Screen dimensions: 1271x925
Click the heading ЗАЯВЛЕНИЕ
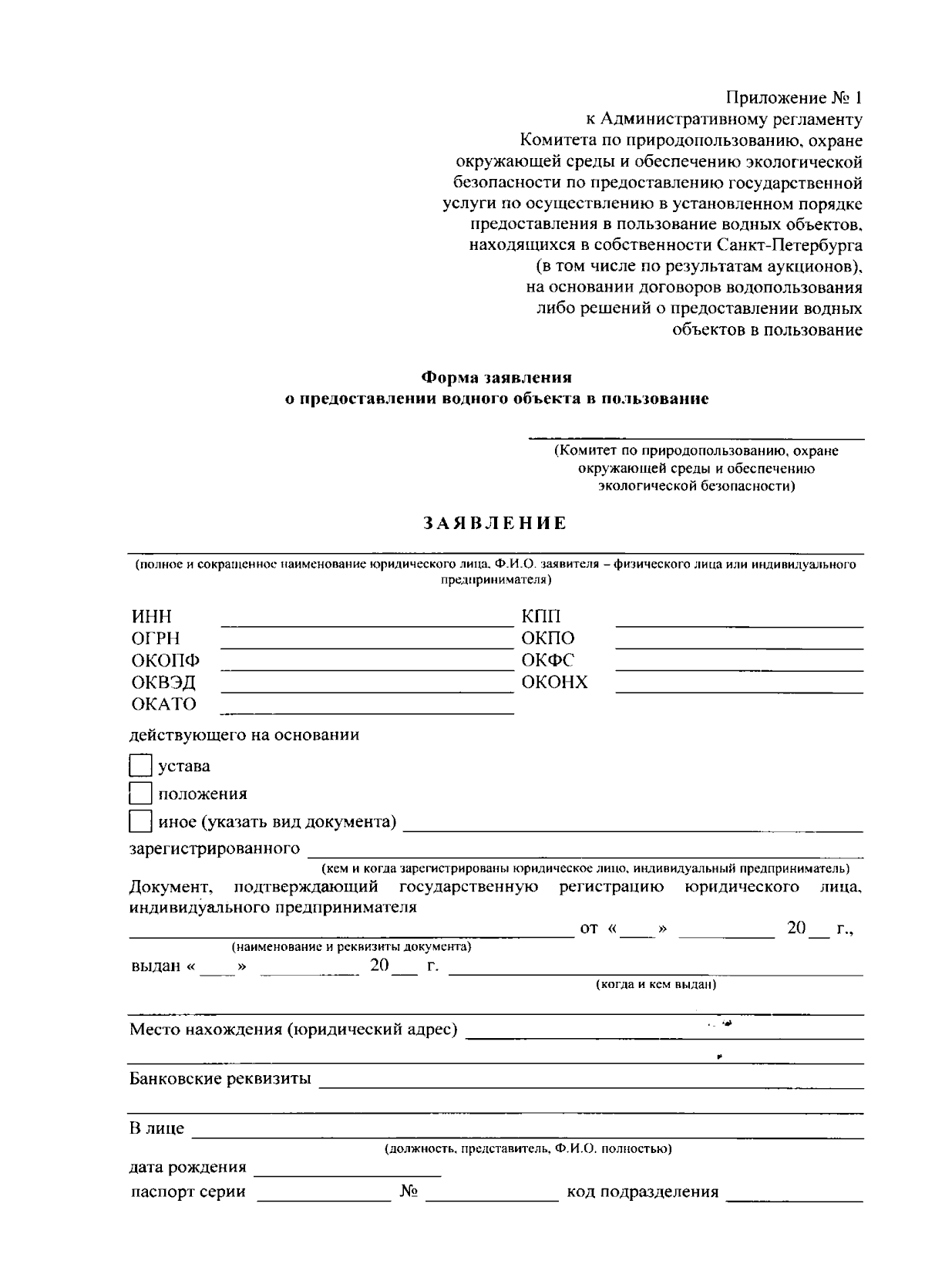495,524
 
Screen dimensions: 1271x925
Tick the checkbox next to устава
140,766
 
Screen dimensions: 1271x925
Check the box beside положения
140,794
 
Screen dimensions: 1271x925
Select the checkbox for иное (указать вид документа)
140,821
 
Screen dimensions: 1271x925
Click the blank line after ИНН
367,619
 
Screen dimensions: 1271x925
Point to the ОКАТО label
163,704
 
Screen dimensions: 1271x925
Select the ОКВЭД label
163,683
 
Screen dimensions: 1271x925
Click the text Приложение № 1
794,98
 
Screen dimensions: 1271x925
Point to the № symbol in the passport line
409,1192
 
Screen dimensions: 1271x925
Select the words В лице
156,1128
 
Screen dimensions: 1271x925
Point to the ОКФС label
547,660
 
